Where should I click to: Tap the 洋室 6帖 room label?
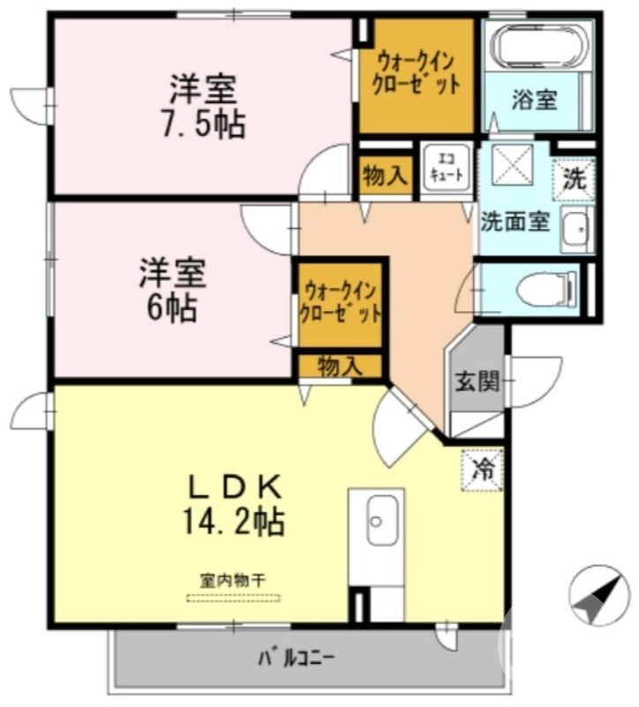pyautogui.click(x=173, y=289)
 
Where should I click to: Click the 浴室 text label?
pyautogui.click(x=535, y=99)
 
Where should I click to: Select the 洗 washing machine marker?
pyautogui.click(x=573, y=179)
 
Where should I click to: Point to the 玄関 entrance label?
pyautogui.click(x=477, y=382)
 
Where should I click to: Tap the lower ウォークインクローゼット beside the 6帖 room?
pyautogui.click(x=340, y=301)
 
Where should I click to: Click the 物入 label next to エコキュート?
pyautogui.click(x=385, y=177)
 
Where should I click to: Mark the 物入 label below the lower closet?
pyautogui.click(x=339, y=365)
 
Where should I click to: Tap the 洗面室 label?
pyautogui.click(x=515, y=221)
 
